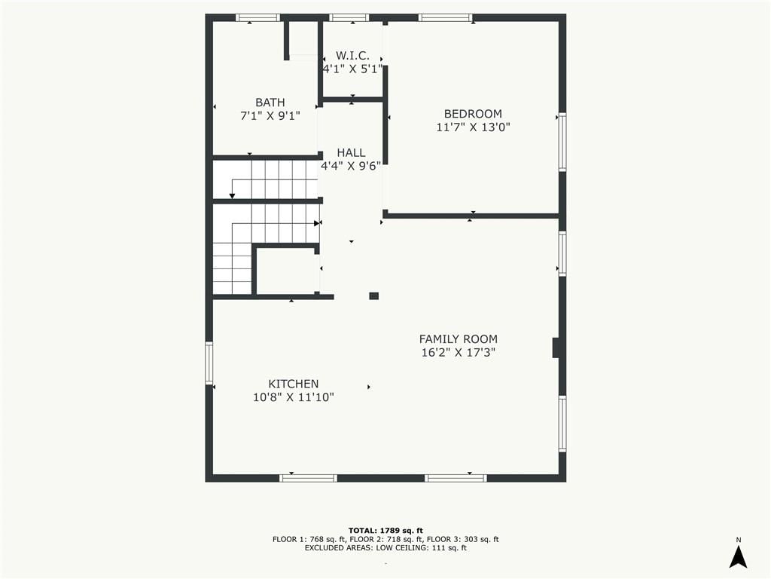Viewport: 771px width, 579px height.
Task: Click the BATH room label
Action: pos(270,103)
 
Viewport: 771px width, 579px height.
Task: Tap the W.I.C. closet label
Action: pos(352,56)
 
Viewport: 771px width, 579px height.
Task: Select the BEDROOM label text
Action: pos(473,114)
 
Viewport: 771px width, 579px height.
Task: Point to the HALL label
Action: pos(351,152)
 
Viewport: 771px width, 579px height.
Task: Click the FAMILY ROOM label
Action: pos(459,339)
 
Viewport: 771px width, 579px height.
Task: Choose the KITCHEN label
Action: pos(294,384)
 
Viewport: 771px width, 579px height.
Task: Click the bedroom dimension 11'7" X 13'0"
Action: pos(473,127)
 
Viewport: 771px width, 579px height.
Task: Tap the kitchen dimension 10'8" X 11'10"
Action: pos(294,397)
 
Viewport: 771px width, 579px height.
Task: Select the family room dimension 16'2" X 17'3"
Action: pos(459,353)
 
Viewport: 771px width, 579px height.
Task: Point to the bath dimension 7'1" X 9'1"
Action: pos(270,116)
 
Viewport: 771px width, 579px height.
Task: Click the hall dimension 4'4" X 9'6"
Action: pos(351,166)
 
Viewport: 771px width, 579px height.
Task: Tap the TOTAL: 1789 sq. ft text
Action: pos(385,530)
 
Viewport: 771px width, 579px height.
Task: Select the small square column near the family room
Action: pos(374,296)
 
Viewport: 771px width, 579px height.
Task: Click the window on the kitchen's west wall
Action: pos(209,363)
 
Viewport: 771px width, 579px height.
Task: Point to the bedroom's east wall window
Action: pos(562,142)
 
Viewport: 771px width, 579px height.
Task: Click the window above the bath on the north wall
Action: pos(258,18)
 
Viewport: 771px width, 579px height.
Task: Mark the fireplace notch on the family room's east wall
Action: pos(556,348)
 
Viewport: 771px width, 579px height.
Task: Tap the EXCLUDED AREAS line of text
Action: pos(385,547)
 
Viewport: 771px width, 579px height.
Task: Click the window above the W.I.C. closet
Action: pos(349,18)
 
